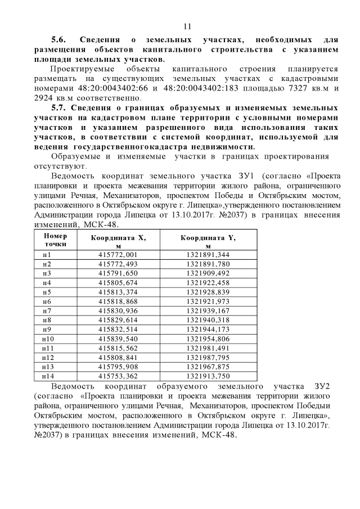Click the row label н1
tap(47, 255)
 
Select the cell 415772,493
tap(118, 264)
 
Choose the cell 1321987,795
tap(208, 357)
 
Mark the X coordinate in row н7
tap(118, 310)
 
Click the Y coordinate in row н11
tap(208, 348)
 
